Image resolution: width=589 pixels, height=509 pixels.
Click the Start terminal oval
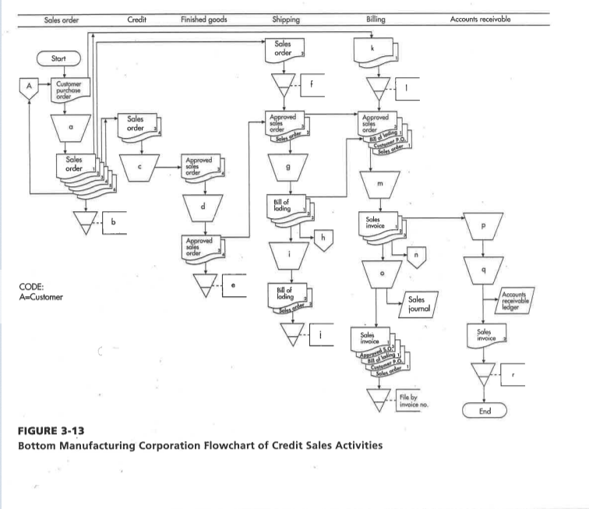click(x=61, y=57)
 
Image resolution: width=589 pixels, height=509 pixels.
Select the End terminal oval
click(x=485, y=411)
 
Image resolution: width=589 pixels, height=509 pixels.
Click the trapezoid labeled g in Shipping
click(x=290, y=166)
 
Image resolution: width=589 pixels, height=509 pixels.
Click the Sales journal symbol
click(x=415, y=302)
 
